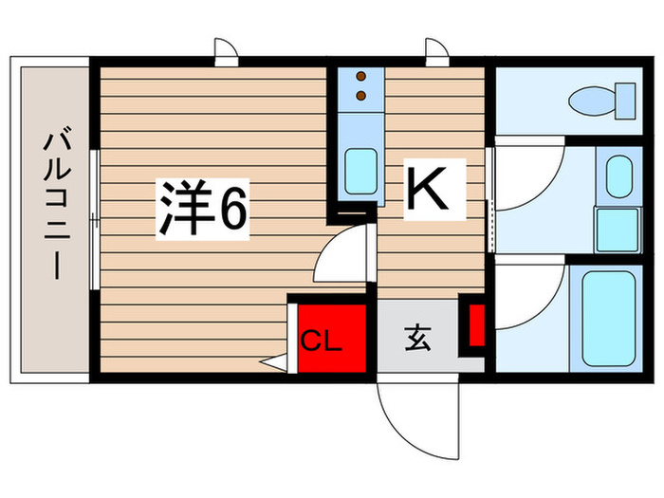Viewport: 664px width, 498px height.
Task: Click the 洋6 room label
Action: pyautogui.click(x=202, y=210)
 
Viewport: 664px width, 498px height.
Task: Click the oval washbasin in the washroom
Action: pyautogui.click(x=618, y=175)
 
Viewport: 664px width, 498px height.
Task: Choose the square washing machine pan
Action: pyautogui.click(x=618, y=229)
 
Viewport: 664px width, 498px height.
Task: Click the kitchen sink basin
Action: pyautogui.click(x=360, y=170)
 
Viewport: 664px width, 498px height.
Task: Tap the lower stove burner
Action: pyautogui.click(x=360, y=94)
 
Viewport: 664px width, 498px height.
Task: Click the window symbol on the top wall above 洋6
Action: pyautogui.click(x=225, y=51)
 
